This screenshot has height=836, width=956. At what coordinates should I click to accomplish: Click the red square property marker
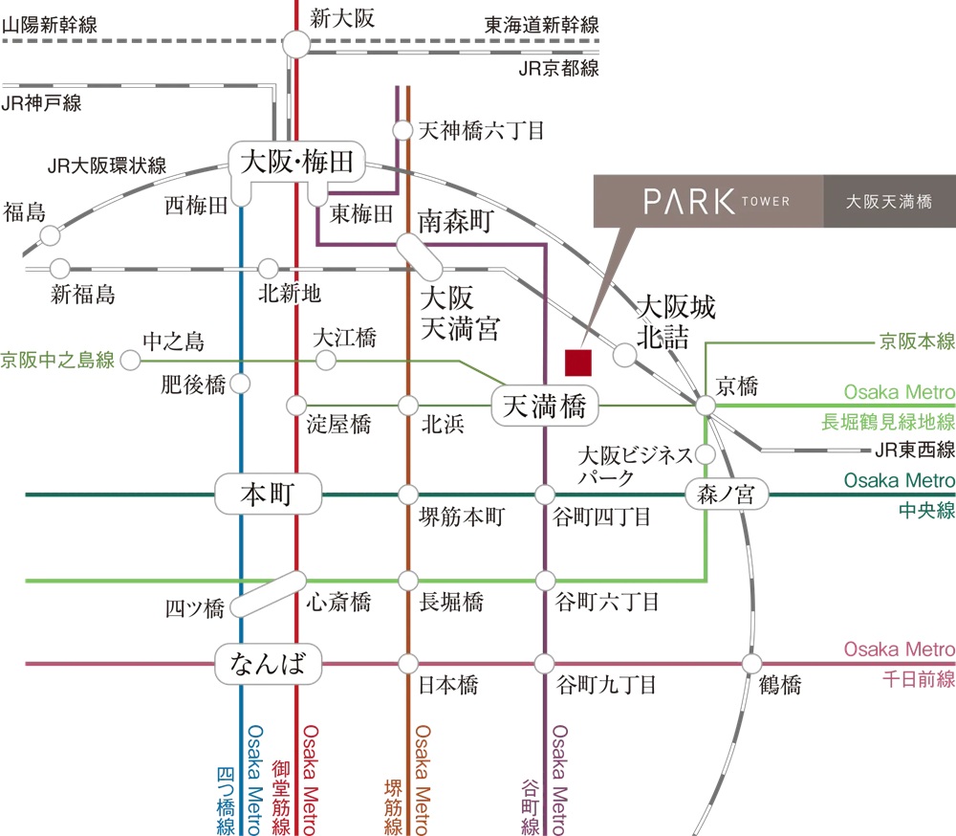[578, 363]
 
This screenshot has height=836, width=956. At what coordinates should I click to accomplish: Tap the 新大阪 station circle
[295, 43]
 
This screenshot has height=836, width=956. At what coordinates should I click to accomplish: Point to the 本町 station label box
[267, 495]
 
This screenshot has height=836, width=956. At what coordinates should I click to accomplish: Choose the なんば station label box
[267, 663]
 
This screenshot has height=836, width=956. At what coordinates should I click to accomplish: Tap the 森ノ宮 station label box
[727, 495]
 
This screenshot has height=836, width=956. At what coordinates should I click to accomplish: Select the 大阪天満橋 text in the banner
[889, 202]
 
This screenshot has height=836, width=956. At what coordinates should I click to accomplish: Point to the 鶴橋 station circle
[752, 663]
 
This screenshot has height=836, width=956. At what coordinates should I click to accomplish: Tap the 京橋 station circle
[706, 407]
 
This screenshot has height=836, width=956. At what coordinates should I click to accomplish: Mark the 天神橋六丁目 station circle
[402, 130]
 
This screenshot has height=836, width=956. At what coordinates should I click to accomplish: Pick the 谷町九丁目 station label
[605, 685]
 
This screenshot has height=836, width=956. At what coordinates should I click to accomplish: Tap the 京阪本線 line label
[918, 341]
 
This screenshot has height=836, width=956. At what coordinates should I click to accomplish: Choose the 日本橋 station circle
[408, 663]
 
